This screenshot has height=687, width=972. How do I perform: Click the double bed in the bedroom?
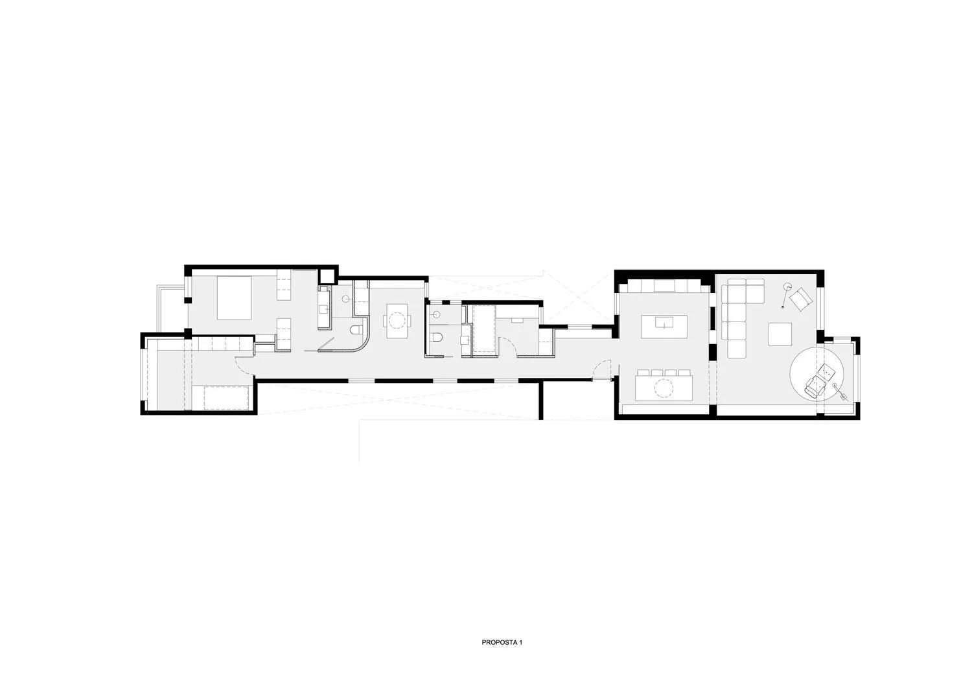[x=234, y=297]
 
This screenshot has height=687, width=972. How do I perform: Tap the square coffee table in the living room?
[x=780, y=334]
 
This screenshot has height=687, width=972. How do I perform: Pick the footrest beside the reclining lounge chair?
[x=826, y=371]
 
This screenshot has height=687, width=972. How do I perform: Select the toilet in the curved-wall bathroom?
[x=356, y=331]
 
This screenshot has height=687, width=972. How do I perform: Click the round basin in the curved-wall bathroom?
[x=346, y=299]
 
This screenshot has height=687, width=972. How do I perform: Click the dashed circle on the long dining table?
[x=664, y=388]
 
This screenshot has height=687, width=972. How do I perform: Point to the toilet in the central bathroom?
[x=436, y=337]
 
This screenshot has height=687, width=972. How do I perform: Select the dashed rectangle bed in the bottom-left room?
[x=227, y=397]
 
